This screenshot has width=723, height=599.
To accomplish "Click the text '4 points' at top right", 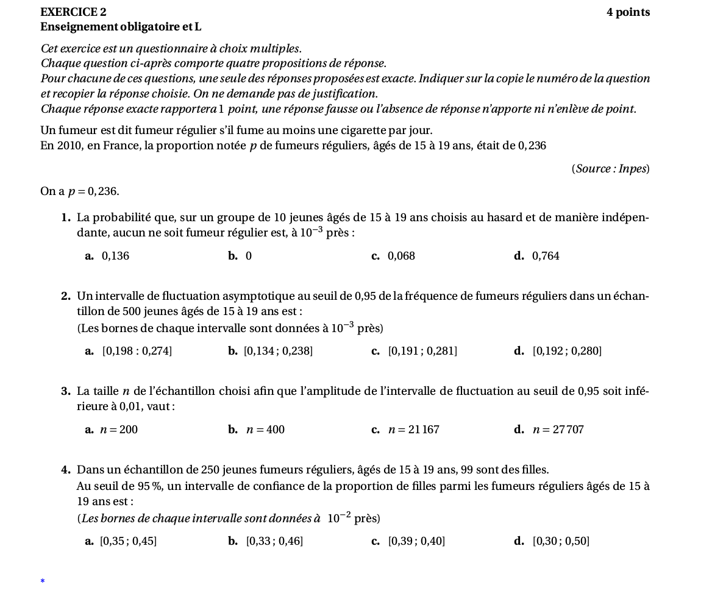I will click(x=628, y=12).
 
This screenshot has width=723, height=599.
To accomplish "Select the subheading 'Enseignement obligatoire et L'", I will click(x=121, y=27).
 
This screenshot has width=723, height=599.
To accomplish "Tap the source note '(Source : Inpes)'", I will click(x=610, y=169).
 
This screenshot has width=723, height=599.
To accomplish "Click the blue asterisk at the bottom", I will click(x=43, y=581).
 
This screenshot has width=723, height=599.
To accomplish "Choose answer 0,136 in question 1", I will click(x=115, y=256).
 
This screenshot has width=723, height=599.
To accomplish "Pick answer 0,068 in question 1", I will click(x=401, y=256).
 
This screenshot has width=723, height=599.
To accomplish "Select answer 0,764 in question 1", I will click(x=546, y=256).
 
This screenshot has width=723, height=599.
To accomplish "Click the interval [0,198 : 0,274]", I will click(x=137, y=351).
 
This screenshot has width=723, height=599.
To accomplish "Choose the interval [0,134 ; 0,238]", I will click(x=278, y=351).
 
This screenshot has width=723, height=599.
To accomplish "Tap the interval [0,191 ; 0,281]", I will click(x=422, y=351).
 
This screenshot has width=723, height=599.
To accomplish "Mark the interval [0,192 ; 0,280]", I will click(x=567, y=351).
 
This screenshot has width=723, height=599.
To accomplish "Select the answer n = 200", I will click(x=119, y=430).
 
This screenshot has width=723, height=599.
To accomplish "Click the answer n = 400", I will click(x=265, y=430).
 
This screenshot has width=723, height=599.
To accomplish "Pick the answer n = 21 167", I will click(x=414, y=430).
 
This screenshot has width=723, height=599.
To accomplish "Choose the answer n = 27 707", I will click(x=558, y=430).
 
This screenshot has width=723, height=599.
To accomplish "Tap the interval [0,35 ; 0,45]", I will click(x=128, y=541).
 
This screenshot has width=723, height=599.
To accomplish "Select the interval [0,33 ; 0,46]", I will click(x=274, y=541).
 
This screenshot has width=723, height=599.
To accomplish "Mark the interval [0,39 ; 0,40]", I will click(x=416, y=541).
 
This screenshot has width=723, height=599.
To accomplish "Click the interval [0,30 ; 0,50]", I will click(x=561, y=541).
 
